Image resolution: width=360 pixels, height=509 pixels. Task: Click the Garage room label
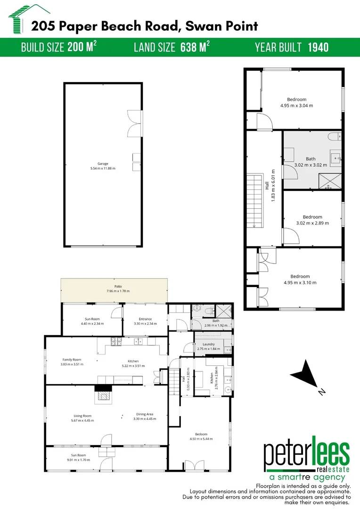(x=103, y=164)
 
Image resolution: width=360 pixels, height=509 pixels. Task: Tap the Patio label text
(x=118, y=286)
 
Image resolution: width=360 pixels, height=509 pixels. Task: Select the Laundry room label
(x=209, y=344)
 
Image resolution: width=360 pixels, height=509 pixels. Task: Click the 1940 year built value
(x=318, y=47)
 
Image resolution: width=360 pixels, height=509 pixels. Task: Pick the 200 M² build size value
(x=82, y=47)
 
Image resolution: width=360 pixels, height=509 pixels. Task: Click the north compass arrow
(x=307, y=376)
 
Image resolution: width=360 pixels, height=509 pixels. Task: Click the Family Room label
(x=72, y=360)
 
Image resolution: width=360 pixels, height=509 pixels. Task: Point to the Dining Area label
(x=145, y=414)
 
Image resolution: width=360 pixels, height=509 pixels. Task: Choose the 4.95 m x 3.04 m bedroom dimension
(x=297, y=106)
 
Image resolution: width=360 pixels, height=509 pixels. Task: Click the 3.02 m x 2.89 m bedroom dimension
(x=312, y=223)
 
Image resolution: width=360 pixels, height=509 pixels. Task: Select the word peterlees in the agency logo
(x=306, y=454)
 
